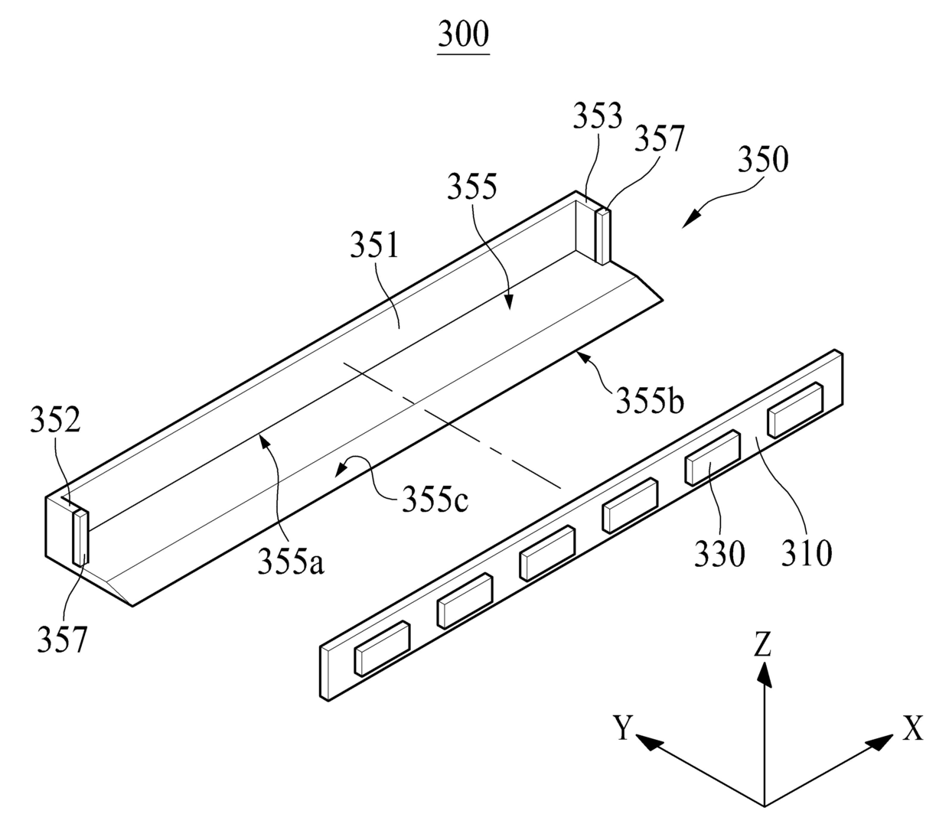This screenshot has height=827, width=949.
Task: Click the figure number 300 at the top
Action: click(x=464, y=34)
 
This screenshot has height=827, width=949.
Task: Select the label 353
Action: click(x=598, y=116)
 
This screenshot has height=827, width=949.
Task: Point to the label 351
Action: click(x=375, y=246)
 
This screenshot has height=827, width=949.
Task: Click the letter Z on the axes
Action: click(x=762, y=647)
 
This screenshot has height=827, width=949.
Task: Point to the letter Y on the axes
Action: click(x=624, y=728)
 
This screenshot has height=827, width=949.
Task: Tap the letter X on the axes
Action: click(x=912, y=728)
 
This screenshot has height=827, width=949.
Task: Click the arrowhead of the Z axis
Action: click(x=763, y=673)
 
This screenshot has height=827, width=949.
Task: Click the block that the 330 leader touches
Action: click(x=712, y=457)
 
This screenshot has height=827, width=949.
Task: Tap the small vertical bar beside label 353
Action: click(x=605, y=236)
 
